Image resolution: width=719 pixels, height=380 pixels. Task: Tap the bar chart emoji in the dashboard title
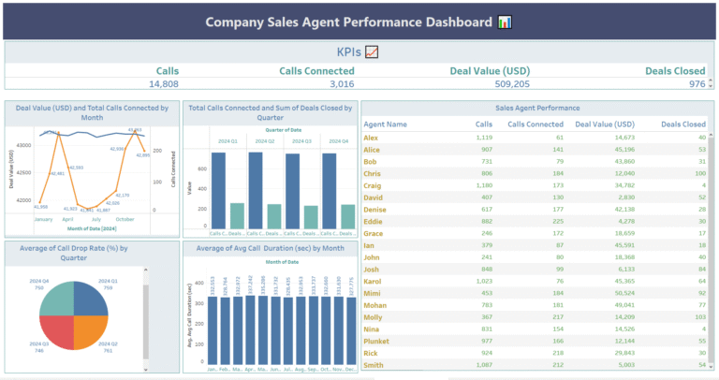(x=505, y=22)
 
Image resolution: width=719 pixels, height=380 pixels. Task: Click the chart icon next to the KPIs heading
(x=372, y=52)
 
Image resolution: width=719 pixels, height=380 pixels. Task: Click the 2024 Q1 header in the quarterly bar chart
(x=227, y=141)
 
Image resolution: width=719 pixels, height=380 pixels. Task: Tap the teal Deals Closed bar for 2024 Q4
(x=347, y=216)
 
